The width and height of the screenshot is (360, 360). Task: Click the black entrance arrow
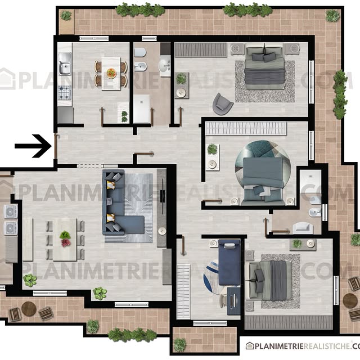coord(33,146)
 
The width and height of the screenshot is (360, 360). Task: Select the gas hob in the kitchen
coord(65,93)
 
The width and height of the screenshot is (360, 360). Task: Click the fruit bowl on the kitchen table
coord(111,73)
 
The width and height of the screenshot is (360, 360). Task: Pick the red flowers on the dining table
coord(66,243)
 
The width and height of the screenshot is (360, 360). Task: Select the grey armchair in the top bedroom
coord(223,103)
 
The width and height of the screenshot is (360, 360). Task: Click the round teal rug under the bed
coord(263,169)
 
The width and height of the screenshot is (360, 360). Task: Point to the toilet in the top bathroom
coord(140,52)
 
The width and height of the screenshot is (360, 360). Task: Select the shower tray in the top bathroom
coord(141,109)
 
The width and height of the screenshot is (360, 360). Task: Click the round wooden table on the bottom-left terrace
coord(29,309)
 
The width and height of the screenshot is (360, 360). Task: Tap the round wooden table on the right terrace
coord(350,300)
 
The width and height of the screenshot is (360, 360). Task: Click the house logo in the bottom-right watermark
coord(250,345)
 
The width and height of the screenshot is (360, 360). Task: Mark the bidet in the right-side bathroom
coord(315,213)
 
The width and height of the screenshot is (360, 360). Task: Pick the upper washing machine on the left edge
coord(11,212)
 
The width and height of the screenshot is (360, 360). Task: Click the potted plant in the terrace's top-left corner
coord(66,15)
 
